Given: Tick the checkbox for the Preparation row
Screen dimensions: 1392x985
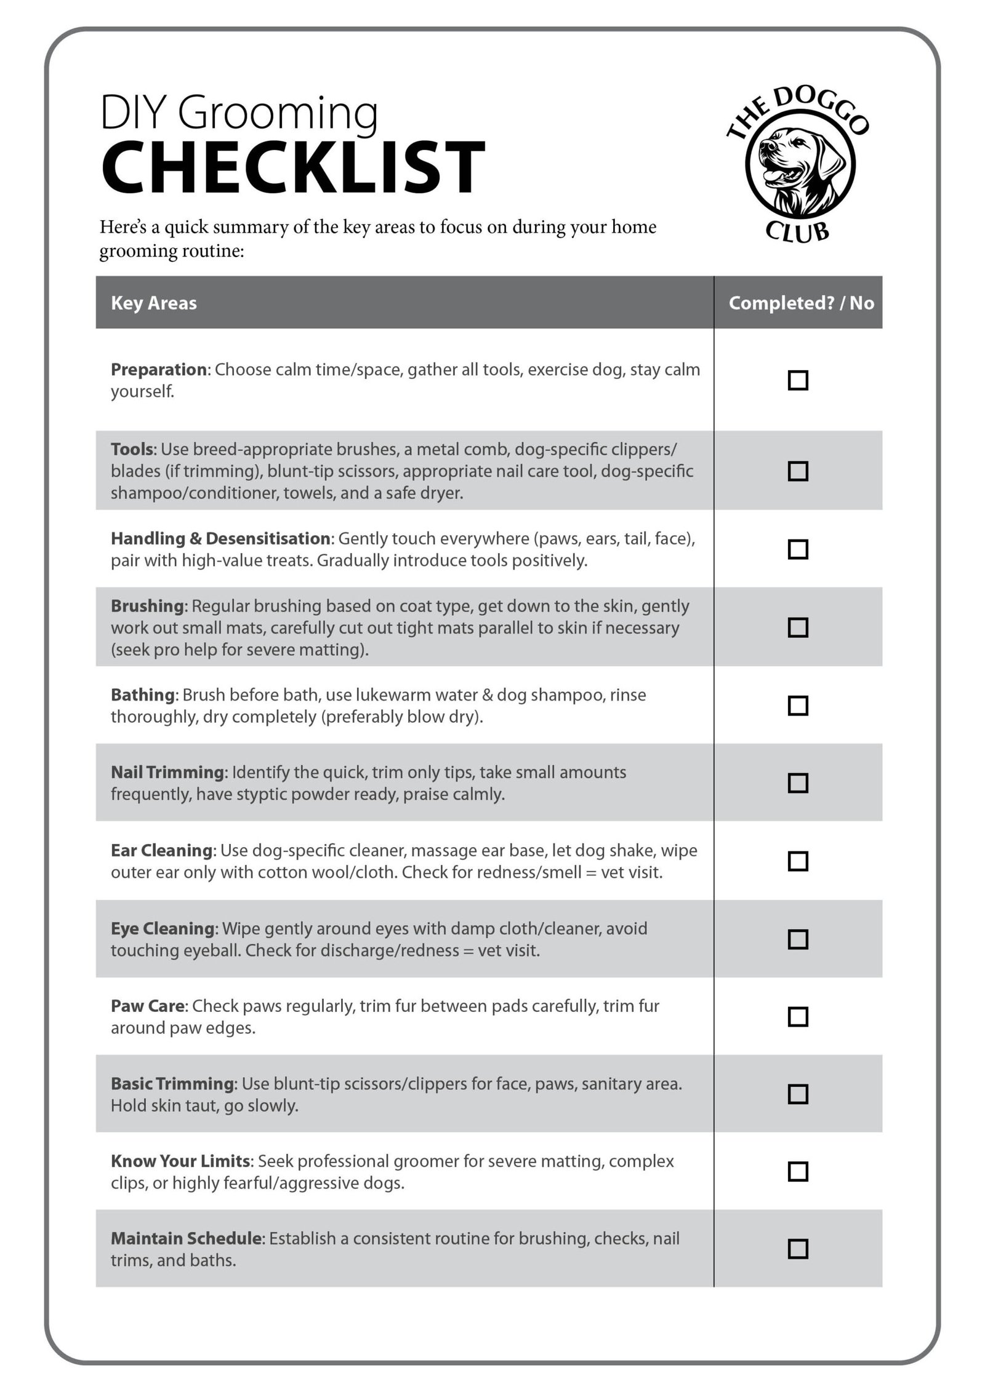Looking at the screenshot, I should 798,380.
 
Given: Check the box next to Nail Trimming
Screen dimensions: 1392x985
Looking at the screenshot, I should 798,783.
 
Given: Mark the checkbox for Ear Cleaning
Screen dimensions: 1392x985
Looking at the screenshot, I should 798,861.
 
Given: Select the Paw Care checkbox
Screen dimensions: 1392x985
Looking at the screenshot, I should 798,1017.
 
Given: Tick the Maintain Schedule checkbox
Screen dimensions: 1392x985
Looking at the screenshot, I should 798,1249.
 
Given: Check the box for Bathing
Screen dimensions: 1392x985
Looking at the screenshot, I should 798,706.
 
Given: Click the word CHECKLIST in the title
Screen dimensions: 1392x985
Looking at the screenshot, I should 293,167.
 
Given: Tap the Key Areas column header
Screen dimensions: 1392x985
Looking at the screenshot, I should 154,303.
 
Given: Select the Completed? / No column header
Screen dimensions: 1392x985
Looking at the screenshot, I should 801,303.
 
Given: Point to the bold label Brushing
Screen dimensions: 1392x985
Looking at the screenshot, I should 147,606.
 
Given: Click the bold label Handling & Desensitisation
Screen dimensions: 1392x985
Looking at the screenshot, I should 220,538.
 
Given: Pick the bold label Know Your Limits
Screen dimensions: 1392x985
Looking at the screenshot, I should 180,1161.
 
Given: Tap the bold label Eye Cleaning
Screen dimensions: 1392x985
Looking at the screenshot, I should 163,928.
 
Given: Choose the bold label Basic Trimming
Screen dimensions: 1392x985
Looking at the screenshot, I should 173,1083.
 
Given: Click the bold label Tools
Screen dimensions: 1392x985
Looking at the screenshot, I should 131,449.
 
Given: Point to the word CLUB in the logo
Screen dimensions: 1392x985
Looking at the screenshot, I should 797,232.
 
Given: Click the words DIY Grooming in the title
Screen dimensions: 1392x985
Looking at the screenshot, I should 239,113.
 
